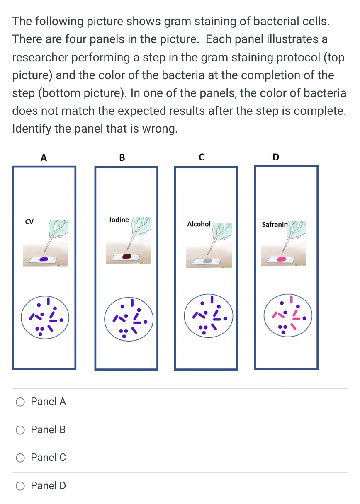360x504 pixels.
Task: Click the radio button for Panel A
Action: click(20, 402)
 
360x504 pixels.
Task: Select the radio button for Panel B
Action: click(20, 430)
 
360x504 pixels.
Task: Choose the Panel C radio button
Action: click(20, 458)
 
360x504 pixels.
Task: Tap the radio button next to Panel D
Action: click(20, 486)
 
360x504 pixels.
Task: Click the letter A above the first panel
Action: click(44, 157)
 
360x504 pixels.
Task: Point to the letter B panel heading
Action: click(122, 157)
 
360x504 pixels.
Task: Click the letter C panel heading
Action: click(201, 157)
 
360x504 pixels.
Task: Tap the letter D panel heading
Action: click(276, 157)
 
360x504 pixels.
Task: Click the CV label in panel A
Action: click(29, 222)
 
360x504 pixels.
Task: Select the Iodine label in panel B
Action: click(119, 220)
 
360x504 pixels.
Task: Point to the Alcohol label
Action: click(199, 224)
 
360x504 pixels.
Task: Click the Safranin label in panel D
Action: click(274, 224)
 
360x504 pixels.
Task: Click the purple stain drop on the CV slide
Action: click(47, 259)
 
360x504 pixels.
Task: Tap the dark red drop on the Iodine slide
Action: click(126, 256)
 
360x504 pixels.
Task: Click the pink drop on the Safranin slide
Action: click(282, 259)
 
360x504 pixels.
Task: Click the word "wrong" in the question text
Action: click(157, 129)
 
